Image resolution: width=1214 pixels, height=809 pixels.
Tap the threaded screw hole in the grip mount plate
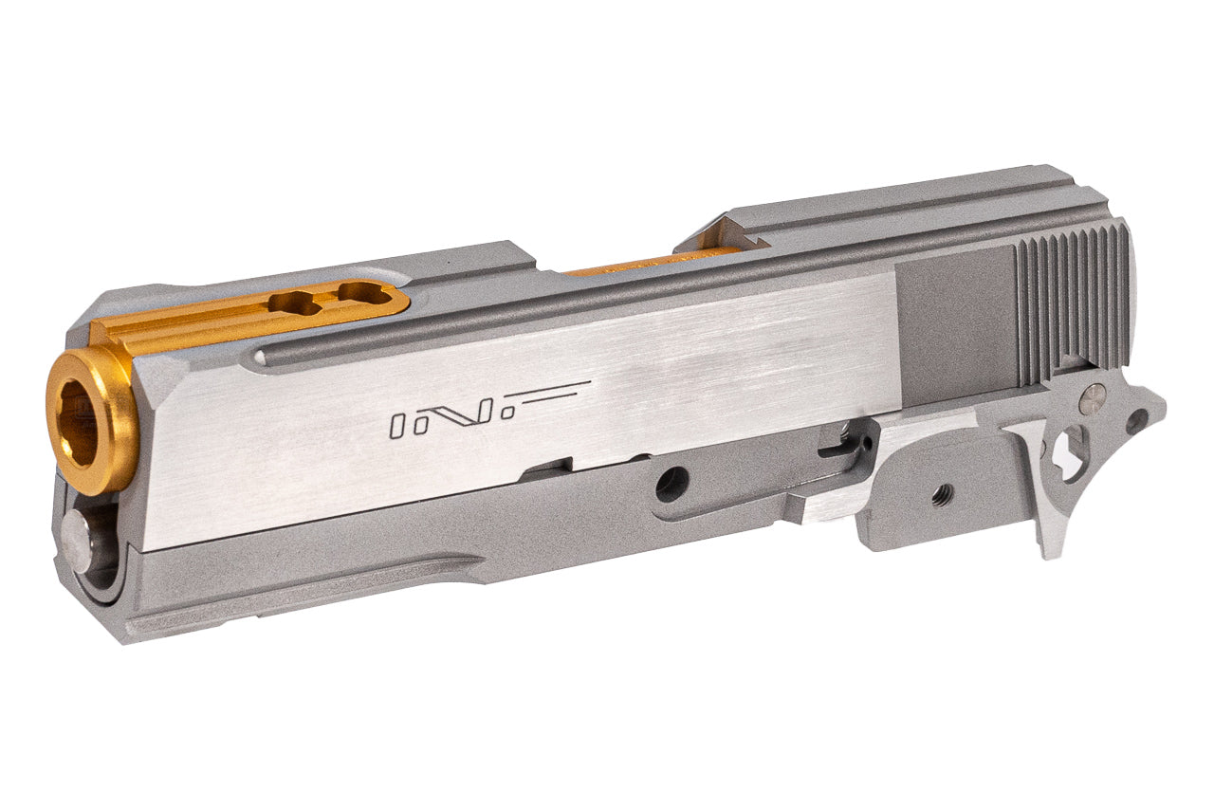click(941, 495)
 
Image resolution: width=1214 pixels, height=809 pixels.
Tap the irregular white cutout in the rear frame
click(1072, 453)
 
